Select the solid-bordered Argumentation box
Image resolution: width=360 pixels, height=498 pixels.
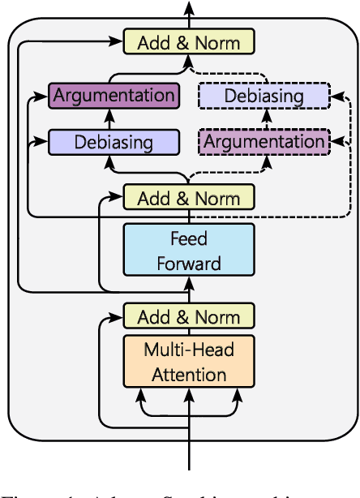113,95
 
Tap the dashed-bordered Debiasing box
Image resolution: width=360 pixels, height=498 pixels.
264,96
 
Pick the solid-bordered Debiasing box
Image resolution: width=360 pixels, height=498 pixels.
114,142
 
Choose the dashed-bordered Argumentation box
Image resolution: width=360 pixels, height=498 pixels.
264,142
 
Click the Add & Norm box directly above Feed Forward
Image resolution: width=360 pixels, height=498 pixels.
188,198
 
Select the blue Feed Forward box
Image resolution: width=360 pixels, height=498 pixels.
188,251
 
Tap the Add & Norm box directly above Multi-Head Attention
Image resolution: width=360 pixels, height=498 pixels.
188,316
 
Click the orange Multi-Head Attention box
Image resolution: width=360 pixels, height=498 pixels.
188,363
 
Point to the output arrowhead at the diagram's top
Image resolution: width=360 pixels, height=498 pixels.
189,6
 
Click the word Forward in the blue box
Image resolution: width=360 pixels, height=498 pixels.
188,264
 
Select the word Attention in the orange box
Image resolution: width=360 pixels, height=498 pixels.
188,375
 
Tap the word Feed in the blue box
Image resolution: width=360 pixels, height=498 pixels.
188,239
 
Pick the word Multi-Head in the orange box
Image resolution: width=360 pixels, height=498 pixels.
188,351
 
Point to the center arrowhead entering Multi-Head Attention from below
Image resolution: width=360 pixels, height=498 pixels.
189,395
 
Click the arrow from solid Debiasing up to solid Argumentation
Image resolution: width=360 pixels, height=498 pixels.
114,118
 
